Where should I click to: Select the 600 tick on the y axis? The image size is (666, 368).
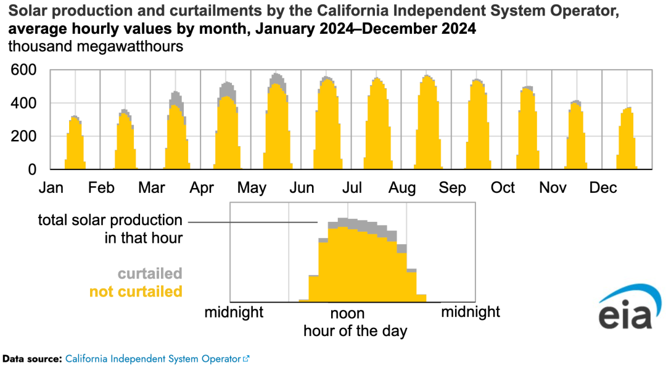coord(25,71)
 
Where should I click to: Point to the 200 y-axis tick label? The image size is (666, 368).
coord(25,136)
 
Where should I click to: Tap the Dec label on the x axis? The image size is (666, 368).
coord(603,187)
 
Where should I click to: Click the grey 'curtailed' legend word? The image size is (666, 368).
coord(150,273)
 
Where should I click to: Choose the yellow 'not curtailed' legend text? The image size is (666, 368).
coord(136,291)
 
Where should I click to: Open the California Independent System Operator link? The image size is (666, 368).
coord(152,358)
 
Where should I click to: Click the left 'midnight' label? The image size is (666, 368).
coord(234,312)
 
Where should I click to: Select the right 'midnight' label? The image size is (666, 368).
coord(471,312)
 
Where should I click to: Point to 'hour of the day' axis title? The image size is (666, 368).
coord(355,331)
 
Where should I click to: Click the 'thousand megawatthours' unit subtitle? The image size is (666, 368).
coord(96,46)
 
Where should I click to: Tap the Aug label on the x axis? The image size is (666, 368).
coord(402,187)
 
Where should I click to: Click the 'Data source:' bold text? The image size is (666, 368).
coord(32,358)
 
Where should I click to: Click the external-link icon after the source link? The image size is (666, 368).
coord(246,358)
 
